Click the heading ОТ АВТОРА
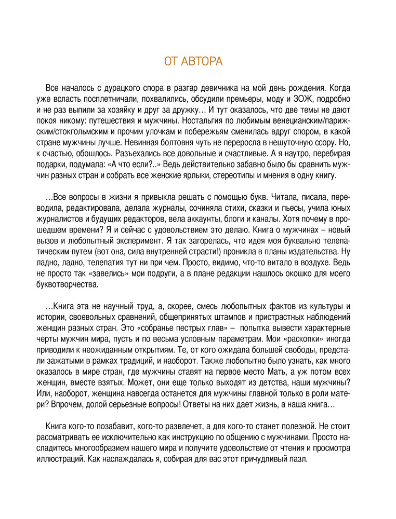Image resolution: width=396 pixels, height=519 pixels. (193, 62)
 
